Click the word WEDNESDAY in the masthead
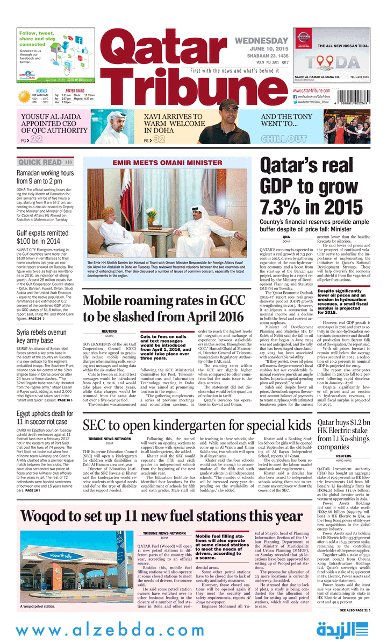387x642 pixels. (x=261, y=41)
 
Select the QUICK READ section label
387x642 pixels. (x=45, y=162)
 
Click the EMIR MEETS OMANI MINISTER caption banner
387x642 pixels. (x=167, y=162)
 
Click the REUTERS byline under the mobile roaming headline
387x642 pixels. (x=109, y=331)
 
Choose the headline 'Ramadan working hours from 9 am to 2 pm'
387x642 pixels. (x=45, y=177)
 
